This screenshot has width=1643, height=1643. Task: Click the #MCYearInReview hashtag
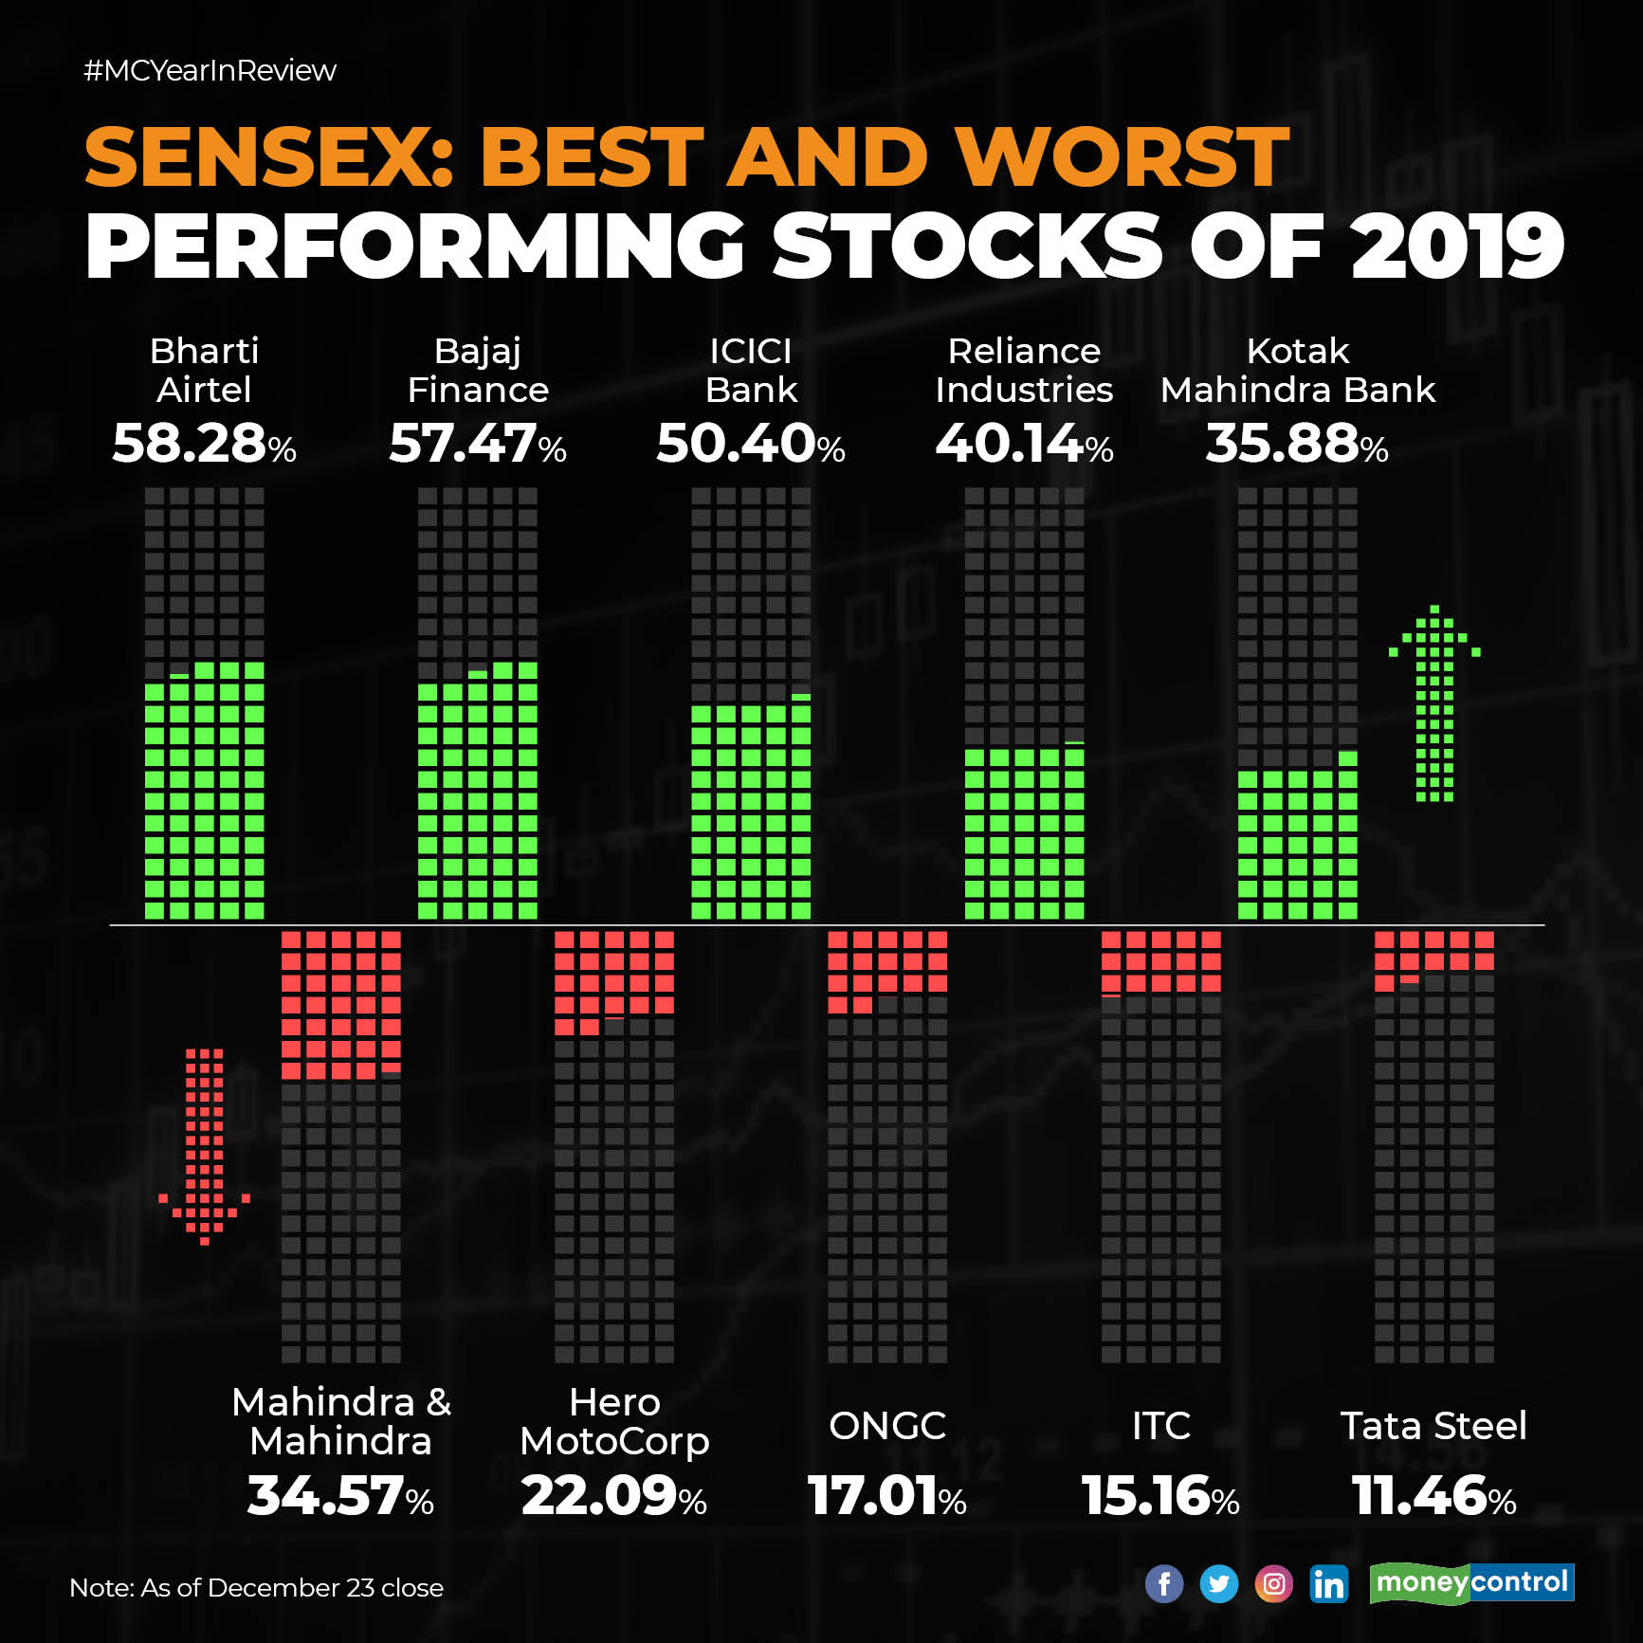click(x=210, y=70)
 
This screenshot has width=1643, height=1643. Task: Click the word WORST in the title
click(x=1122, y=157)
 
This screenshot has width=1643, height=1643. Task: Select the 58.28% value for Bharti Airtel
click(x=204, y=444)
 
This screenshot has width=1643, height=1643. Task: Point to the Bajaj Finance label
click(x=478, y=371)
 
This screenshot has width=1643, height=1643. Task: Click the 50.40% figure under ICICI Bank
click(x=750, y=444)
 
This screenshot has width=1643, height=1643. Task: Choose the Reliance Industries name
click(x=1024, y=371)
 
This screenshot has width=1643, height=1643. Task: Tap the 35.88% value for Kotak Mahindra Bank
click(x=1296, y=444)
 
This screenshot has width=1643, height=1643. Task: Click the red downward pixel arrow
click(x=204, y=1146)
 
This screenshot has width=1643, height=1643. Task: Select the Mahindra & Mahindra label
click(x=341, y=1421)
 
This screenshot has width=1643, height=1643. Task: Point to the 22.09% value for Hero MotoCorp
click(x=613, y=1496)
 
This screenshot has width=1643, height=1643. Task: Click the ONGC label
click(x=887, y=1425)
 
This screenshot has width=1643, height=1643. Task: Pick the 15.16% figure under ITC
click(x=1160, y=1496)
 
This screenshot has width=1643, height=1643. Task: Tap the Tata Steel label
click(x=1433, y=1425)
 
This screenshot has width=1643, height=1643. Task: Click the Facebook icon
click(x=1163, y=1583)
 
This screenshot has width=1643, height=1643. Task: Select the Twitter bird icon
click(x=1218, y=1583)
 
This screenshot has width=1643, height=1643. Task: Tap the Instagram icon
click(x=1273, y=1583)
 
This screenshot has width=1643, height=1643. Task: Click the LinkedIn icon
click(x=1328, y=1583)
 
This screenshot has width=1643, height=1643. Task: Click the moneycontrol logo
click(x=1471, y=1582)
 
